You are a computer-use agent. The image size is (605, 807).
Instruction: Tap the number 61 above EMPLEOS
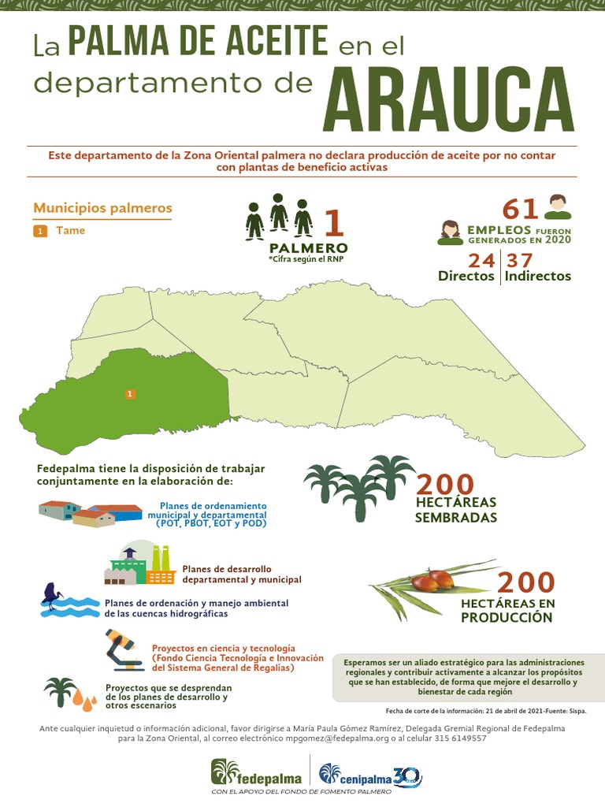tap(521, 210)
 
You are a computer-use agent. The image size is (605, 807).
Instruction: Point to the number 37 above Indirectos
tap(520, 261)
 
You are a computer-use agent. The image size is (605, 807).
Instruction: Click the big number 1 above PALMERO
tap(334, 222)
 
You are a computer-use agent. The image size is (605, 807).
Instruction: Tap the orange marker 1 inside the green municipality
tap(130, 393)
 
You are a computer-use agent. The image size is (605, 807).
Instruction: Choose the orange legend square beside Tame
tap(40, 231)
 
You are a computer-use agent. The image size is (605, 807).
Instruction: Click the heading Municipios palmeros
tap(102, 209)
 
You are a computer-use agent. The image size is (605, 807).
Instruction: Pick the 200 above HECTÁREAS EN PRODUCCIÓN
tap(526, 583)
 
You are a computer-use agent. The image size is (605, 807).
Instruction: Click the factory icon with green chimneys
tap(140, 563)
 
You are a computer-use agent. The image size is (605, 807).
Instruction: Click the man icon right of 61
tap(558, 207)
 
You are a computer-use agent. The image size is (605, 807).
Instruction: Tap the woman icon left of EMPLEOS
tap(450, 232)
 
